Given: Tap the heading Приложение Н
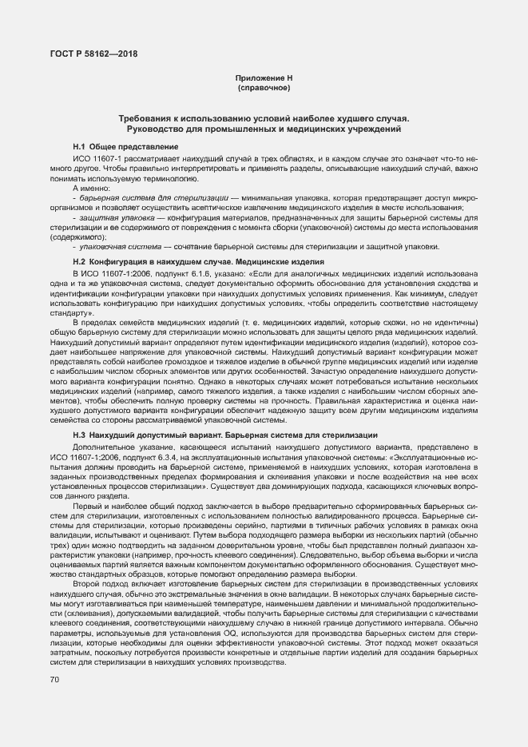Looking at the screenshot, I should pyautogui.click(x=264, y=77).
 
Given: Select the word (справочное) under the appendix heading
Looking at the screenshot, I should pyautogui.click(x=264, y=87).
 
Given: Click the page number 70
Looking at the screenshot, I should pyautogui.click(x=55, y=679).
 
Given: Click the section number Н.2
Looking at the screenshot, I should pyautogui.click(x=79, y=262).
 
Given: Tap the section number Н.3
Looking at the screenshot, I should pyautogui.click(x=79, y=433).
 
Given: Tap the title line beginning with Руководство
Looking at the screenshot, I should pyautogui.click(x=264, y=128).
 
